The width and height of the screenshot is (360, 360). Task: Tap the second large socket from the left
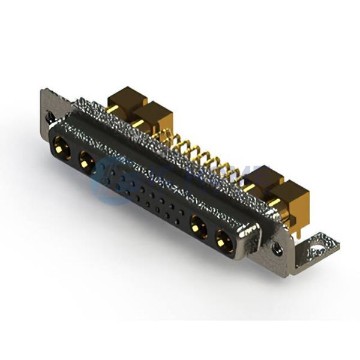coord(86,159)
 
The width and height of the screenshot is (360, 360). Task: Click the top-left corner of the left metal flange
coord(43,91)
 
